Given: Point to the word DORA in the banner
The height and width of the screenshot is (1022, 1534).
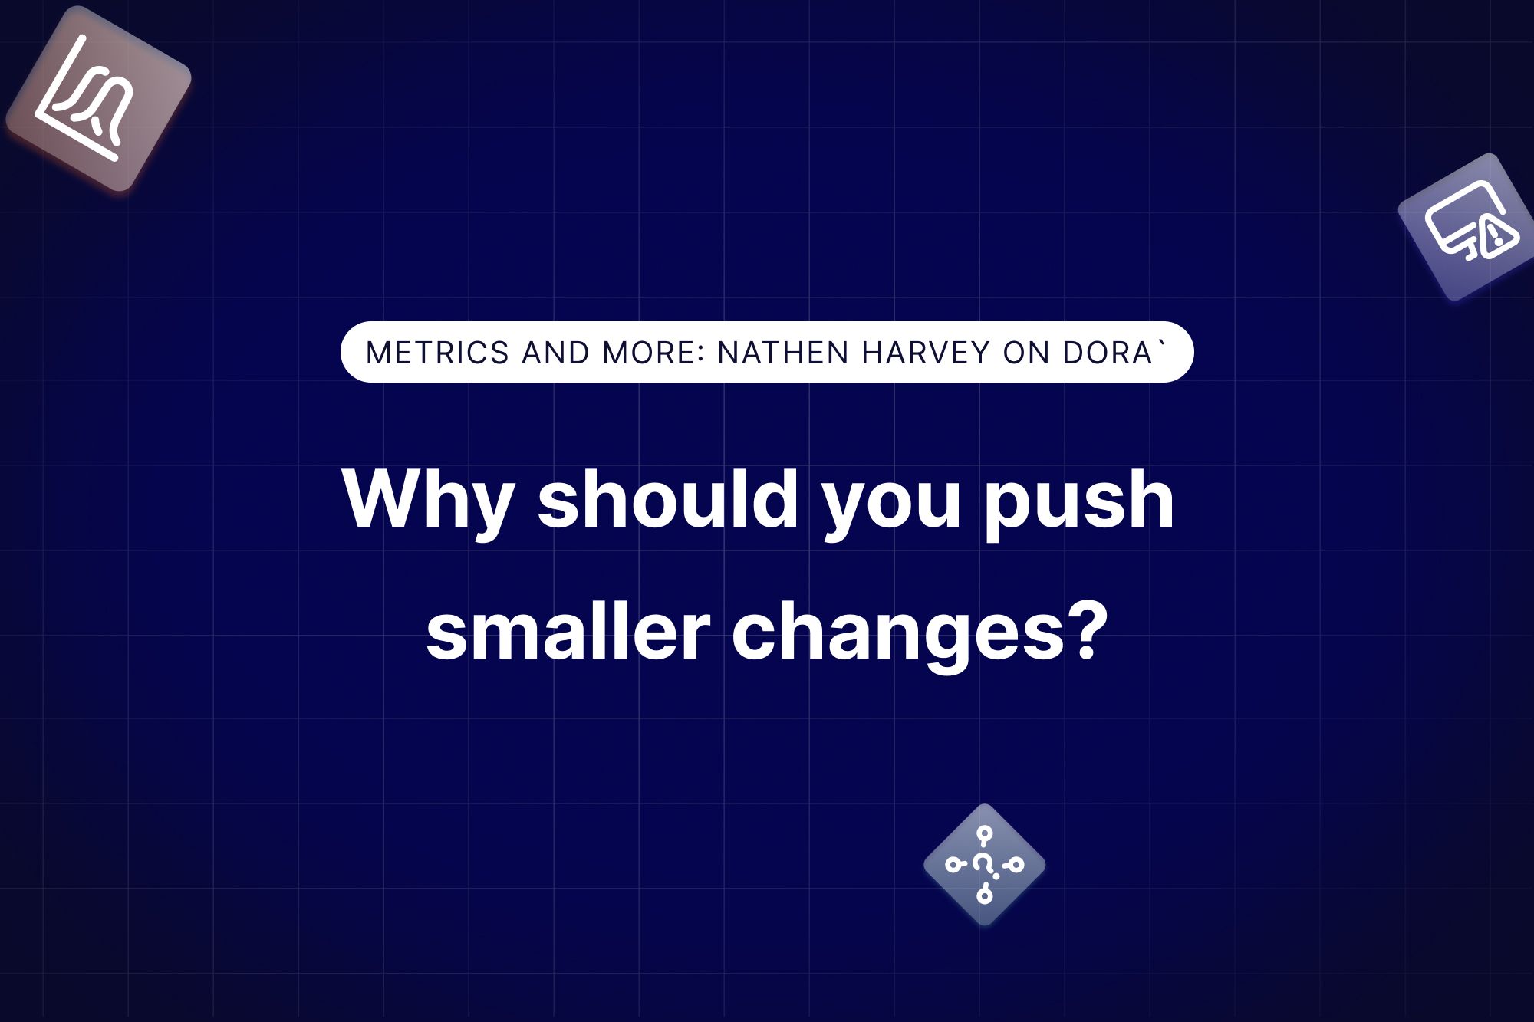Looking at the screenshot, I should tap(1108, 353).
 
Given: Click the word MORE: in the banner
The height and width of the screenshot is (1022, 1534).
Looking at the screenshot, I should tap(653, 353).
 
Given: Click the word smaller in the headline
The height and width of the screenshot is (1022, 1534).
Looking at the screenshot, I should tap(568, 633).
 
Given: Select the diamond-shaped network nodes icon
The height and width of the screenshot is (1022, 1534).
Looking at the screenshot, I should tap(984, 865).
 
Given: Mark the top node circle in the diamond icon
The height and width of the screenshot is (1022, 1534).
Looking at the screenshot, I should tap(985, 834).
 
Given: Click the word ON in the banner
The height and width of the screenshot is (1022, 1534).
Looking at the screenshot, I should tap(1025, 353).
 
